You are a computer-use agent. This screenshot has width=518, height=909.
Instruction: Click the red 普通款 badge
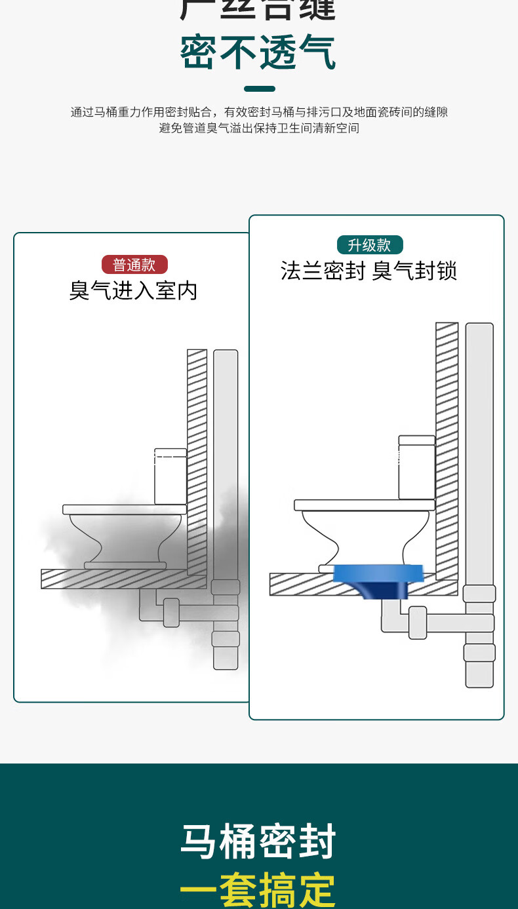coord(134,265)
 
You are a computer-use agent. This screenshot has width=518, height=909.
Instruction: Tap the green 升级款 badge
coord(369,245)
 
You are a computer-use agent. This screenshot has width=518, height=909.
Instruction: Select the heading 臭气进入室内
coord(133,290)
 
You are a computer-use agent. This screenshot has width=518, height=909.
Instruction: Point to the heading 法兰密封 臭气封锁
coord(369,271)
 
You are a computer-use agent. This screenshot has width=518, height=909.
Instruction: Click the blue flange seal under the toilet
coord(376,577)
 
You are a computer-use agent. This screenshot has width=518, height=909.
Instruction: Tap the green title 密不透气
coord(258,53)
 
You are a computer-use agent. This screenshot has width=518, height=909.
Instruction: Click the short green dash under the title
coord(259,88)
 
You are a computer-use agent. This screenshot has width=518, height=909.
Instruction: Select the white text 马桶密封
coord(258,842)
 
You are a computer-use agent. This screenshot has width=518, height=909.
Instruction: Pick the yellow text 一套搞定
coord(258,889)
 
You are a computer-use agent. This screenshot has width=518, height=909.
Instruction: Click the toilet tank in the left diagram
coord(170,476)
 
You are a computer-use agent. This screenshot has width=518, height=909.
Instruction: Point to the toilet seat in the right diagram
coord(364,505)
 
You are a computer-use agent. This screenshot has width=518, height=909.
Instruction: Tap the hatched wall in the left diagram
coord(197,459)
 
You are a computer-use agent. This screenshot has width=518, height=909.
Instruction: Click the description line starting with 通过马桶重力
coord(259,112)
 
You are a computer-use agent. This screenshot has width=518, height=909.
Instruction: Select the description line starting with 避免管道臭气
coord(259,128)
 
